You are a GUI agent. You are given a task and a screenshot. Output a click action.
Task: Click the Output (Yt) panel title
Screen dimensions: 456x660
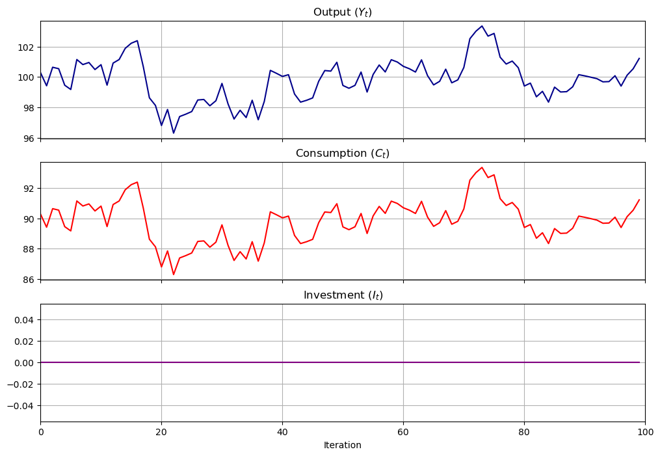pos(342,12)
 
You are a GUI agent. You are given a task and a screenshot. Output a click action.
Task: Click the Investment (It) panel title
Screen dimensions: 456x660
pos(342,295)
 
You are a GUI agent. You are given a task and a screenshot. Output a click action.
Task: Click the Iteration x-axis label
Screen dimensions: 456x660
pos(342,446)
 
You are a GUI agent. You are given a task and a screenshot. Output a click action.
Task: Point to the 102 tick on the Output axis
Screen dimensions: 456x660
pos(26,47)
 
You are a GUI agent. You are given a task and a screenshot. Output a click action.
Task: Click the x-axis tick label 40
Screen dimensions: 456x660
pos(282,432)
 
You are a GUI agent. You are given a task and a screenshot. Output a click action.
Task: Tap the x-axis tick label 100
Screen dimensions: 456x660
pos(645,432)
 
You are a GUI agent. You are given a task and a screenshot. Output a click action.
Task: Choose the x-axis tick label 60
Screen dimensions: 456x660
pos(403,432)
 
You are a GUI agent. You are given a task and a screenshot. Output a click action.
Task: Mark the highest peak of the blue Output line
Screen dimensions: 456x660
pos(482,26)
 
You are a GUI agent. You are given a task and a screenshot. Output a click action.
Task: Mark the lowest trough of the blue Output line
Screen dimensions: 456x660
pos(174,133)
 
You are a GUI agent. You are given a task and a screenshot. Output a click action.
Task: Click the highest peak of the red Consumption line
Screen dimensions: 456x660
pos(482,167)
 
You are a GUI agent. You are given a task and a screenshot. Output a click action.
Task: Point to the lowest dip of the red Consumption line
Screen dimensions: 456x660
pos(174,274)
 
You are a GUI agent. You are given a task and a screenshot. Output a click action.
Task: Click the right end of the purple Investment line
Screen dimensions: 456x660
pos(639,362)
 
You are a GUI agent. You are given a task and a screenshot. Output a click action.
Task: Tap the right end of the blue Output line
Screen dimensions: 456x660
pos(639,59)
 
